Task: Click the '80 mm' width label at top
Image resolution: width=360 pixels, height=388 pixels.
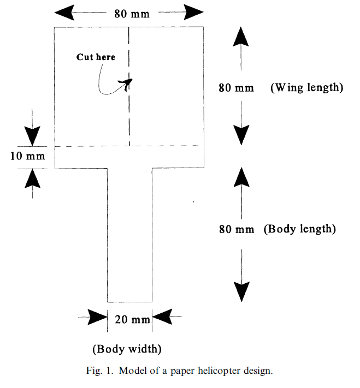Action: (132, 14)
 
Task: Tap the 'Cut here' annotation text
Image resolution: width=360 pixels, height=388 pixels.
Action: (96, 57)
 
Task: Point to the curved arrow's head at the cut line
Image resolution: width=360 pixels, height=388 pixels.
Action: (126, 83)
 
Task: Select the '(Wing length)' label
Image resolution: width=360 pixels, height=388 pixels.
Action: (306, 88)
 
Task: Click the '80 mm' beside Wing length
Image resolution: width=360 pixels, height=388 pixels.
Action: (236, 88)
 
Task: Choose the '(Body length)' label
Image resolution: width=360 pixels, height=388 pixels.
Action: (299, 229)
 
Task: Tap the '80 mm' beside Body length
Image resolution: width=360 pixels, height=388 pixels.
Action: (237, 229)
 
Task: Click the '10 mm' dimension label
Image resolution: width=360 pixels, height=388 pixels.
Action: (27, 156)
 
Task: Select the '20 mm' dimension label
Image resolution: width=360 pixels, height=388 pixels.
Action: (132, 319)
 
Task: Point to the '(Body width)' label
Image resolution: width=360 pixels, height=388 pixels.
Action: (127, 349)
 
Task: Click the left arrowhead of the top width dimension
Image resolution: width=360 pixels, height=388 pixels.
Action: (64, 12)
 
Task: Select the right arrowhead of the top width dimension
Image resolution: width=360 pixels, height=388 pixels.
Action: (194, 12)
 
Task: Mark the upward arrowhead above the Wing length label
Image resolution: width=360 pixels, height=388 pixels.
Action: (240, 37)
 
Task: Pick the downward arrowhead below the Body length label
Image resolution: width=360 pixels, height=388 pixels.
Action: (241, 291)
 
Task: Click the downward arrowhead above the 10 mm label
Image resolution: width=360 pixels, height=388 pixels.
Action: (32, 136)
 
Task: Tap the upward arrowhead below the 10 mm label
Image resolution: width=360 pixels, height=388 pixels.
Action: (32, 178)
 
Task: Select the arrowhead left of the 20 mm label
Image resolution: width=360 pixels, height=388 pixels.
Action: (98, 317)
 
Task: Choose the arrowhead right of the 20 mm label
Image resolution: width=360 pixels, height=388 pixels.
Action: (162, 317)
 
